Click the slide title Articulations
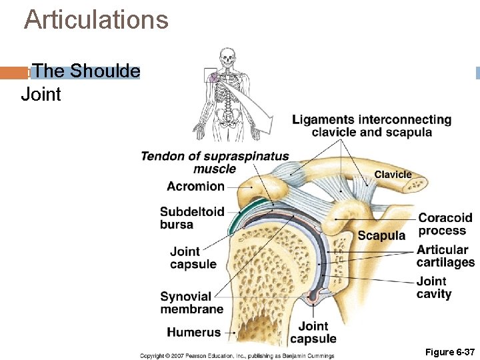click(x=96, y=20)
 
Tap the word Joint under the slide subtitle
click(x=41, y=95)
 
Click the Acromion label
click(x=195, y=186)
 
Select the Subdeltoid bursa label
click(x=192, y=218)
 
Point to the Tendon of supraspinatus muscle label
click(x=215, y=163)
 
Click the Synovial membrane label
click(x=191, y=303)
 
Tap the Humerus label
click(x=193, y=332)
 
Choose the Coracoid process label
click(x=445, y=224)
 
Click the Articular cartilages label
click(x=445, y=256)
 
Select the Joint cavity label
click(x=434, y=287)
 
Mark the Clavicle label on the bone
click(x=393, y=175)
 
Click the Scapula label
click(x=381, y=235)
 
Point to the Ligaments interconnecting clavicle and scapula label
click(x=371, y=126)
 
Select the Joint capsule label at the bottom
click(x=313, y=332)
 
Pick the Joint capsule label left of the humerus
click(x=193, y=258)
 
